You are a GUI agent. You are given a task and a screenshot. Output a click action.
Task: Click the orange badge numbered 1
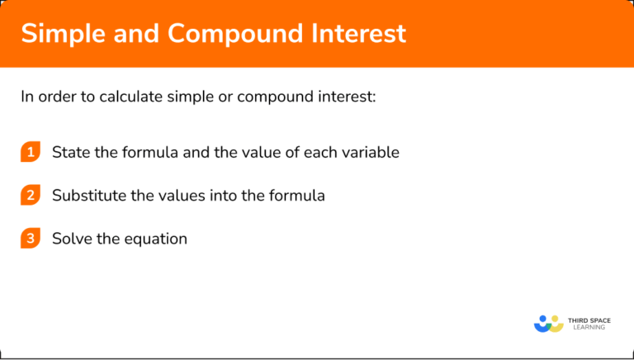31,152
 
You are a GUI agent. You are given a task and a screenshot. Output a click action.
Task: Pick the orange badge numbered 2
31,196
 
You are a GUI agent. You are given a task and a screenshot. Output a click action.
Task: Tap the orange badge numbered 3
31,239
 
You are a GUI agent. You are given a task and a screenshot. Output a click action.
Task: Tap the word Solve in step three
71,239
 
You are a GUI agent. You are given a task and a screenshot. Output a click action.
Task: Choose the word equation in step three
155,239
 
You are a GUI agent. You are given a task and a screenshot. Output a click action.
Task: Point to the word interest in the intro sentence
347,97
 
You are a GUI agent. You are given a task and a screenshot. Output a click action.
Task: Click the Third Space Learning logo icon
548,323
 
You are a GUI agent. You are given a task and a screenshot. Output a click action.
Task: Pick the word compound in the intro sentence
277,97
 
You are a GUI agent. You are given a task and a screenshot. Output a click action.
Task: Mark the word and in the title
135,33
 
